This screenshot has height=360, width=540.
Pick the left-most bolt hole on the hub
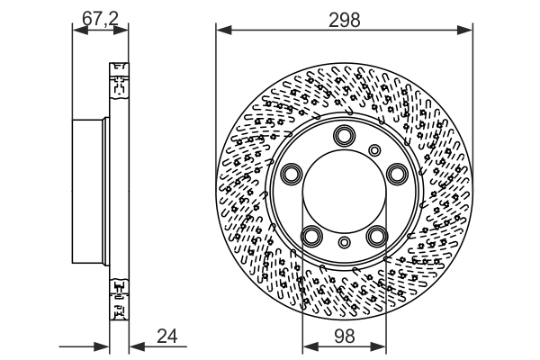291,174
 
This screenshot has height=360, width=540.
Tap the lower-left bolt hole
310,236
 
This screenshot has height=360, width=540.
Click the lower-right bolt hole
376,236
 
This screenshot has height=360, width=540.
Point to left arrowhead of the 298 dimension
220,31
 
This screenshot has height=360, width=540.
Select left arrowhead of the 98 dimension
307,346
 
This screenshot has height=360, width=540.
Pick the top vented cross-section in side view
117,81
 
